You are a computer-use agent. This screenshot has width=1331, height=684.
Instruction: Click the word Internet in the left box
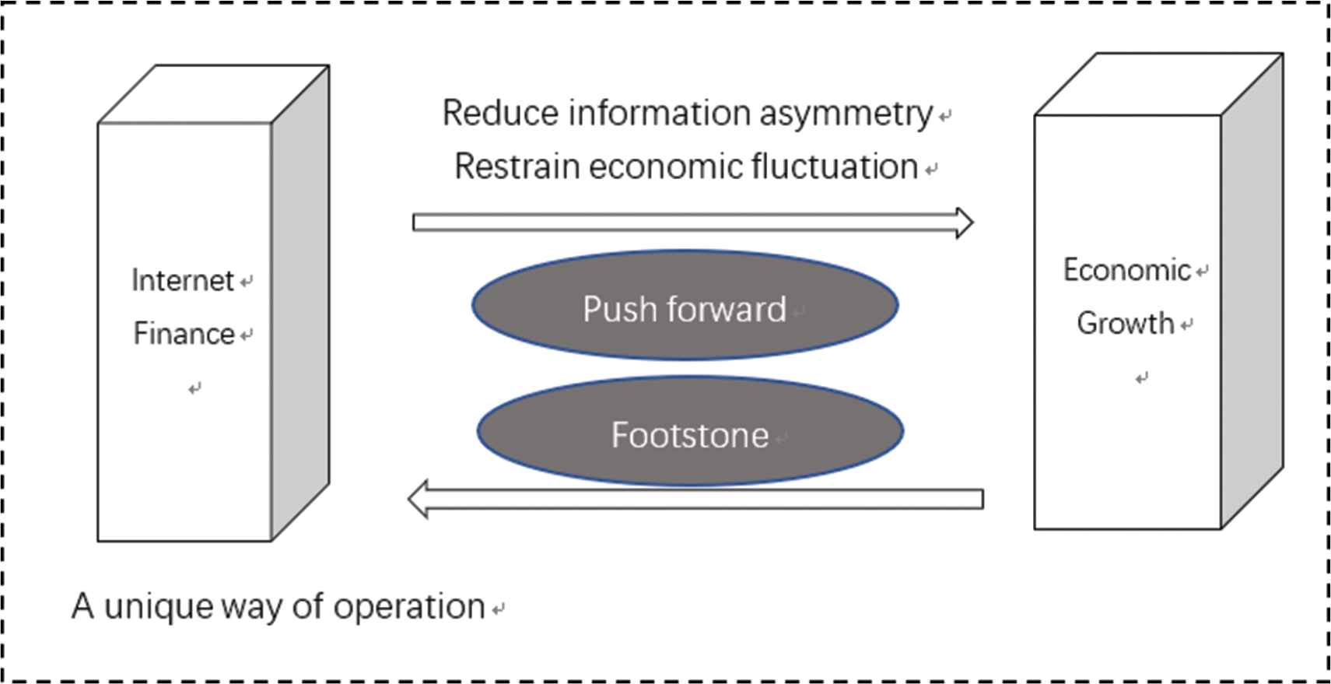[182, 280]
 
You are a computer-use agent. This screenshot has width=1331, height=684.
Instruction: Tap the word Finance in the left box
[184, 334]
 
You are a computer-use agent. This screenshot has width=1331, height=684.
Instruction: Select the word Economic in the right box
[1126, 270]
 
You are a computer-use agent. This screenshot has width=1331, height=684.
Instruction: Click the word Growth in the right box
[1125, 323]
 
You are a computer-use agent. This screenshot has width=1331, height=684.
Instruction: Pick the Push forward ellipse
[685, 305]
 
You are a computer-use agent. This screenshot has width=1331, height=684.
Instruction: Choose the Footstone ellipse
[689, 431]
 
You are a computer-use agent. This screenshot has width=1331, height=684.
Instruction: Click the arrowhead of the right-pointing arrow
[964, 223]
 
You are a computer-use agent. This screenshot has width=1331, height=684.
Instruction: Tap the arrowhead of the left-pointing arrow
[419, 499]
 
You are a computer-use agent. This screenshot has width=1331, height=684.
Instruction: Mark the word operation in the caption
[409, 607]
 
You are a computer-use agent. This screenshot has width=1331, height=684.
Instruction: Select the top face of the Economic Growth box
[1158, 84]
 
